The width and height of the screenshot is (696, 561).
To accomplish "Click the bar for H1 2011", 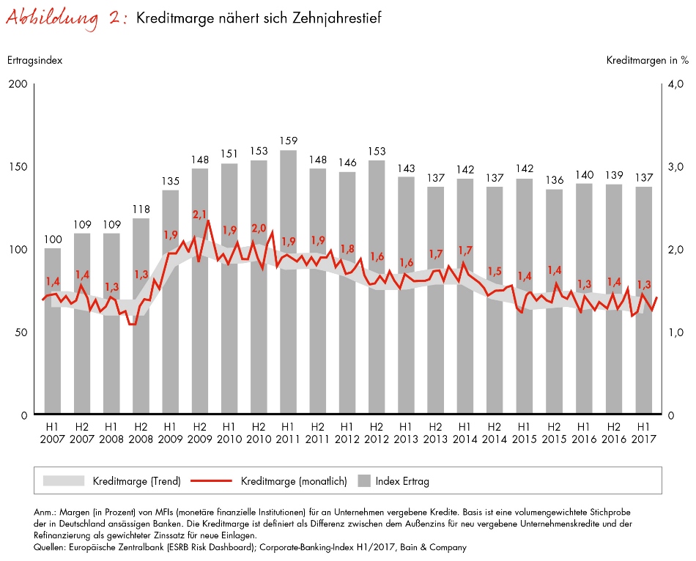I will pyautogui.click(x=288, y=330).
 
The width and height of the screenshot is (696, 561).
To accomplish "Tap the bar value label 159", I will pyautogui.click(x=288, y=141).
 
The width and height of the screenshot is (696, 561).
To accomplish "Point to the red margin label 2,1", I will pyautogui.click(x=200, y=215).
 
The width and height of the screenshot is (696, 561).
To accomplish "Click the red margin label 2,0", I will pyautogui.click(x=259, y=227).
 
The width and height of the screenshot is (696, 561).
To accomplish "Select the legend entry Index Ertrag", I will pyautogui.click(x=401, y=481).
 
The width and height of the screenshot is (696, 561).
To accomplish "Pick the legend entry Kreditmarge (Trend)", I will pyautogui.click(x=136, y=481).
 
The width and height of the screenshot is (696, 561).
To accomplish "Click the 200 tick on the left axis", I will pyautogui.click(x=18, y=84).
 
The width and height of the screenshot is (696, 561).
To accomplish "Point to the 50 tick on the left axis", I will pyautogui.click(x=21, y=332).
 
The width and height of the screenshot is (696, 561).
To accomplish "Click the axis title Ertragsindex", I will pyautogui.click(x=34, y=60).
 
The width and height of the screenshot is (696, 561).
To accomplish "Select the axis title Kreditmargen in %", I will pyautogui.click(x=647, y=60).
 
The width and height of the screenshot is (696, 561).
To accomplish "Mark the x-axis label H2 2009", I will pyautogui.click(x=199, y=431).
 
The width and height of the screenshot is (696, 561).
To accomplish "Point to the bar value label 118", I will pyautogui.click(x=141, y=209).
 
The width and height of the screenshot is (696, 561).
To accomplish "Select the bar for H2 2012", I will pyautogui.click(x=377, y=330).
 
